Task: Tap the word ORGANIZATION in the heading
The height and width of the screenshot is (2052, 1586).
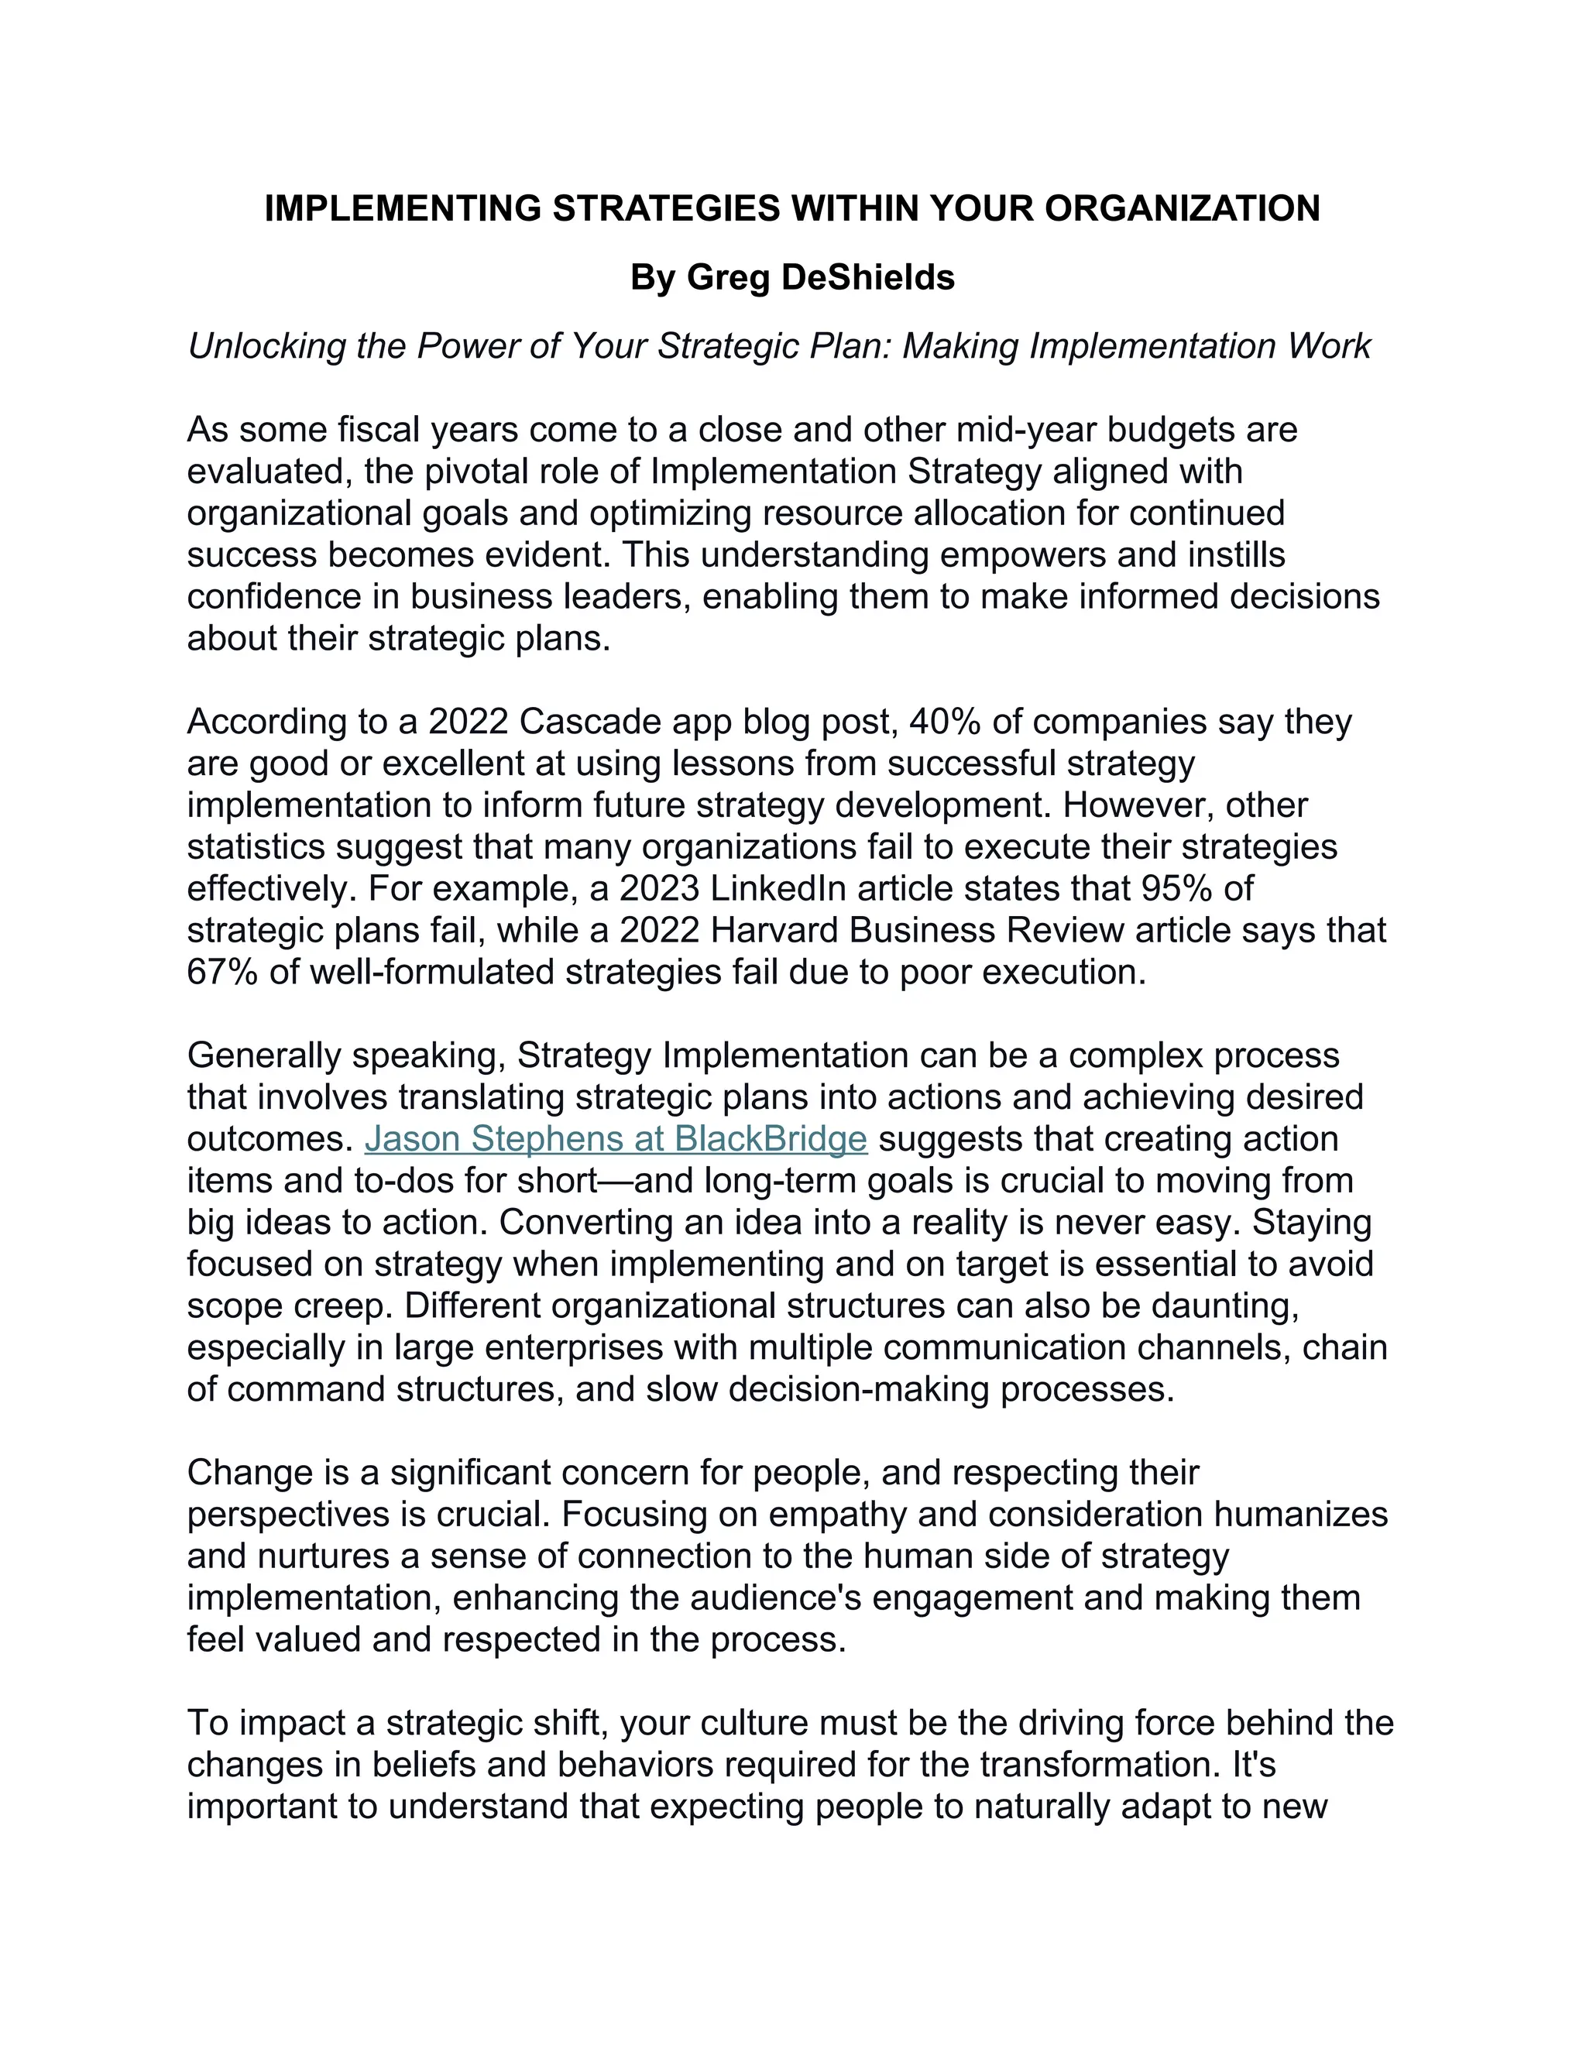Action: [x=1182, y=208]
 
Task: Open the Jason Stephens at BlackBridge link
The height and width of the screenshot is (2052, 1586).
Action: [x=616, y=1139]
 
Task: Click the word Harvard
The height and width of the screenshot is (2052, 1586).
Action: [x=767, y=930]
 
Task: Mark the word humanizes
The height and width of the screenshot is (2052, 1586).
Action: [x=1300, y=1515]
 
